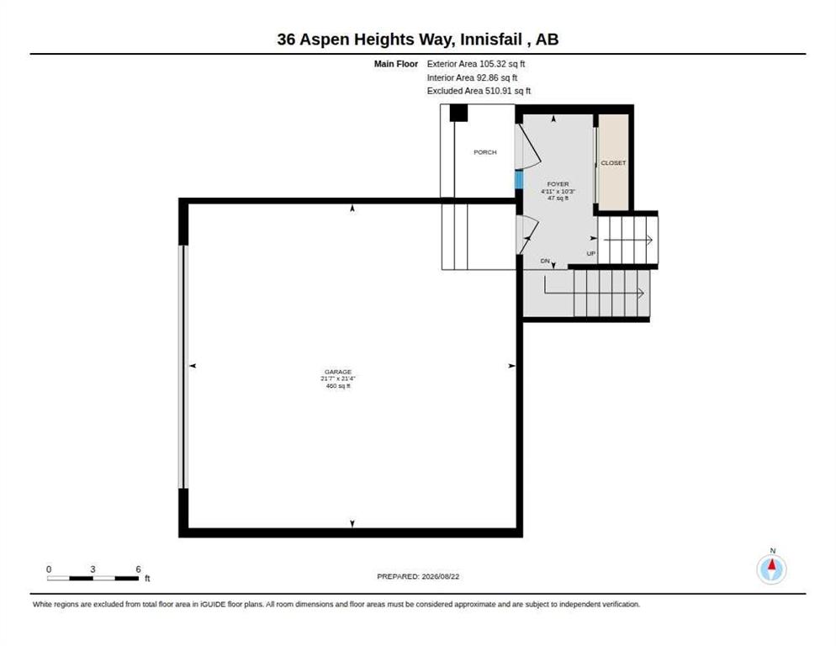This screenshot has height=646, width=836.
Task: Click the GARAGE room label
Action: tap(338, 372)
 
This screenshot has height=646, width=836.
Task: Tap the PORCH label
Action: tap(485, 152)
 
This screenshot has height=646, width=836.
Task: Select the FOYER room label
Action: tap(558, 184)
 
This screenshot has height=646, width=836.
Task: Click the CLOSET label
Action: tap(613, 162)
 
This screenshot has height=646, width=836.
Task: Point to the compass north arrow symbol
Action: tap(771, 569)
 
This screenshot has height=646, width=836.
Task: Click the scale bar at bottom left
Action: tap(93, 578)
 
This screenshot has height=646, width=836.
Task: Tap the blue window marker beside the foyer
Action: tap(518, 179)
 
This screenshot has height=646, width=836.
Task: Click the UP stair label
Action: tap(590, 253)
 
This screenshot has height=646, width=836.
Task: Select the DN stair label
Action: tap(545, 261)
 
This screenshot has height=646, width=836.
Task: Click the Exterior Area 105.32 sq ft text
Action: tap(476, 64)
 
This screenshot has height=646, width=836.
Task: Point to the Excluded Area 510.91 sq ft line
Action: tap(479, 91)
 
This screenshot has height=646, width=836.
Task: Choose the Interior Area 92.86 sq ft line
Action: tap(473, 78)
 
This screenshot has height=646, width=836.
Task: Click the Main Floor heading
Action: tap(396, 64)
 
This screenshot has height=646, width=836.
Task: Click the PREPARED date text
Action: tap(418, 577)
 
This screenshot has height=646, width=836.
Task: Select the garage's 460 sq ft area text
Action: tap(338, 386)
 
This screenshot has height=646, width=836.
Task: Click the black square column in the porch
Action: tap(458, 113)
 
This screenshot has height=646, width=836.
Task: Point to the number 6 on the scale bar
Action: tap(138, 569)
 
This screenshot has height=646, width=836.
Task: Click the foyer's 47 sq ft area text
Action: tap(558, 198)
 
